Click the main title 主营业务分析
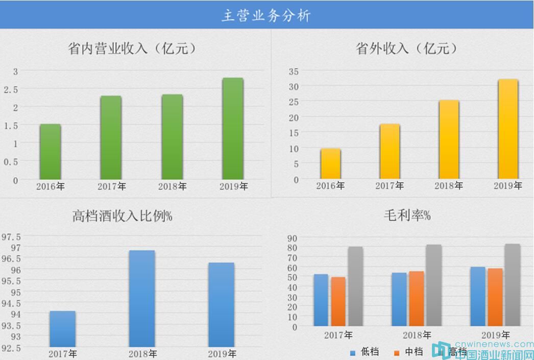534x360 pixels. (266, 15)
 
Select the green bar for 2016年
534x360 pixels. (51, 152)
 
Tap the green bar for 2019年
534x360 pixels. (233, 129)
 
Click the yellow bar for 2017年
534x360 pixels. (390, 151)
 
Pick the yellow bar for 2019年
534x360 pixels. (508, 129)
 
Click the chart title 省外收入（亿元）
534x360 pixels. (406, 49)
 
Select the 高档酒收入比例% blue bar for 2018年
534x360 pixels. (142, 298)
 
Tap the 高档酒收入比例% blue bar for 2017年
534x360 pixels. (63, 328)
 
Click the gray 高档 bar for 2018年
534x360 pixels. (433, 285)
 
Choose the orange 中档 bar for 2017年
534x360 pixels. (338, 301)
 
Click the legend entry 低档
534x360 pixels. (365, 352)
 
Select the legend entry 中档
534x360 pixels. (409, 352)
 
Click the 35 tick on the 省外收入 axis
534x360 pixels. (294, 71)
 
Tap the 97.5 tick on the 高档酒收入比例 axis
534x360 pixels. (12, 237)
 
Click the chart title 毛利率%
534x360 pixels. (407, 216)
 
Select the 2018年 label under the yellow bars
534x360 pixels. (449, 186)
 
